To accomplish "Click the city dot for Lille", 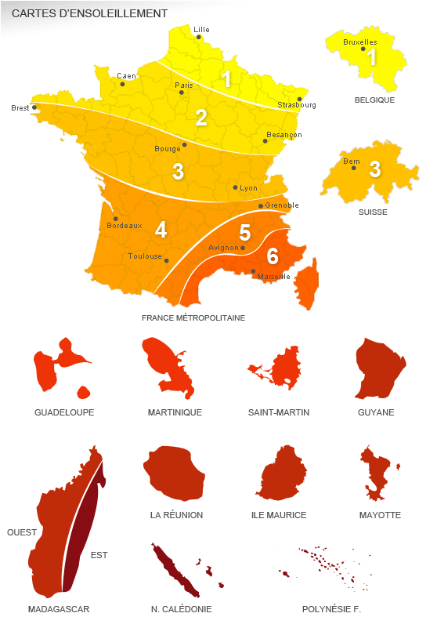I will [199, 37].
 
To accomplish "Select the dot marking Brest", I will [34, 107].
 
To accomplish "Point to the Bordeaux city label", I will [125, 226].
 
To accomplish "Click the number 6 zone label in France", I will [273, 256].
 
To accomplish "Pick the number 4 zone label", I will [161, 230].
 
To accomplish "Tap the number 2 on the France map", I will [201, 118].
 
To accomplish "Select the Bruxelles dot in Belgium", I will [363, 49].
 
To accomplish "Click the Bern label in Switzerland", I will [352, 161].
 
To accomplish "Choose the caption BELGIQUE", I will [374, 100].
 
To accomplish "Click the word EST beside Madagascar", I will [99, 555].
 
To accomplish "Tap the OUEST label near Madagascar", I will [22, 532].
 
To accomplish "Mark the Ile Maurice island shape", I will [280, 474].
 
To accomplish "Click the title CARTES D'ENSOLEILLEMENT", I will [89, 13].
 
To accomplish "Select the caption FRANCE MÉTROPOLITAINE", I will [193, 318].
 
